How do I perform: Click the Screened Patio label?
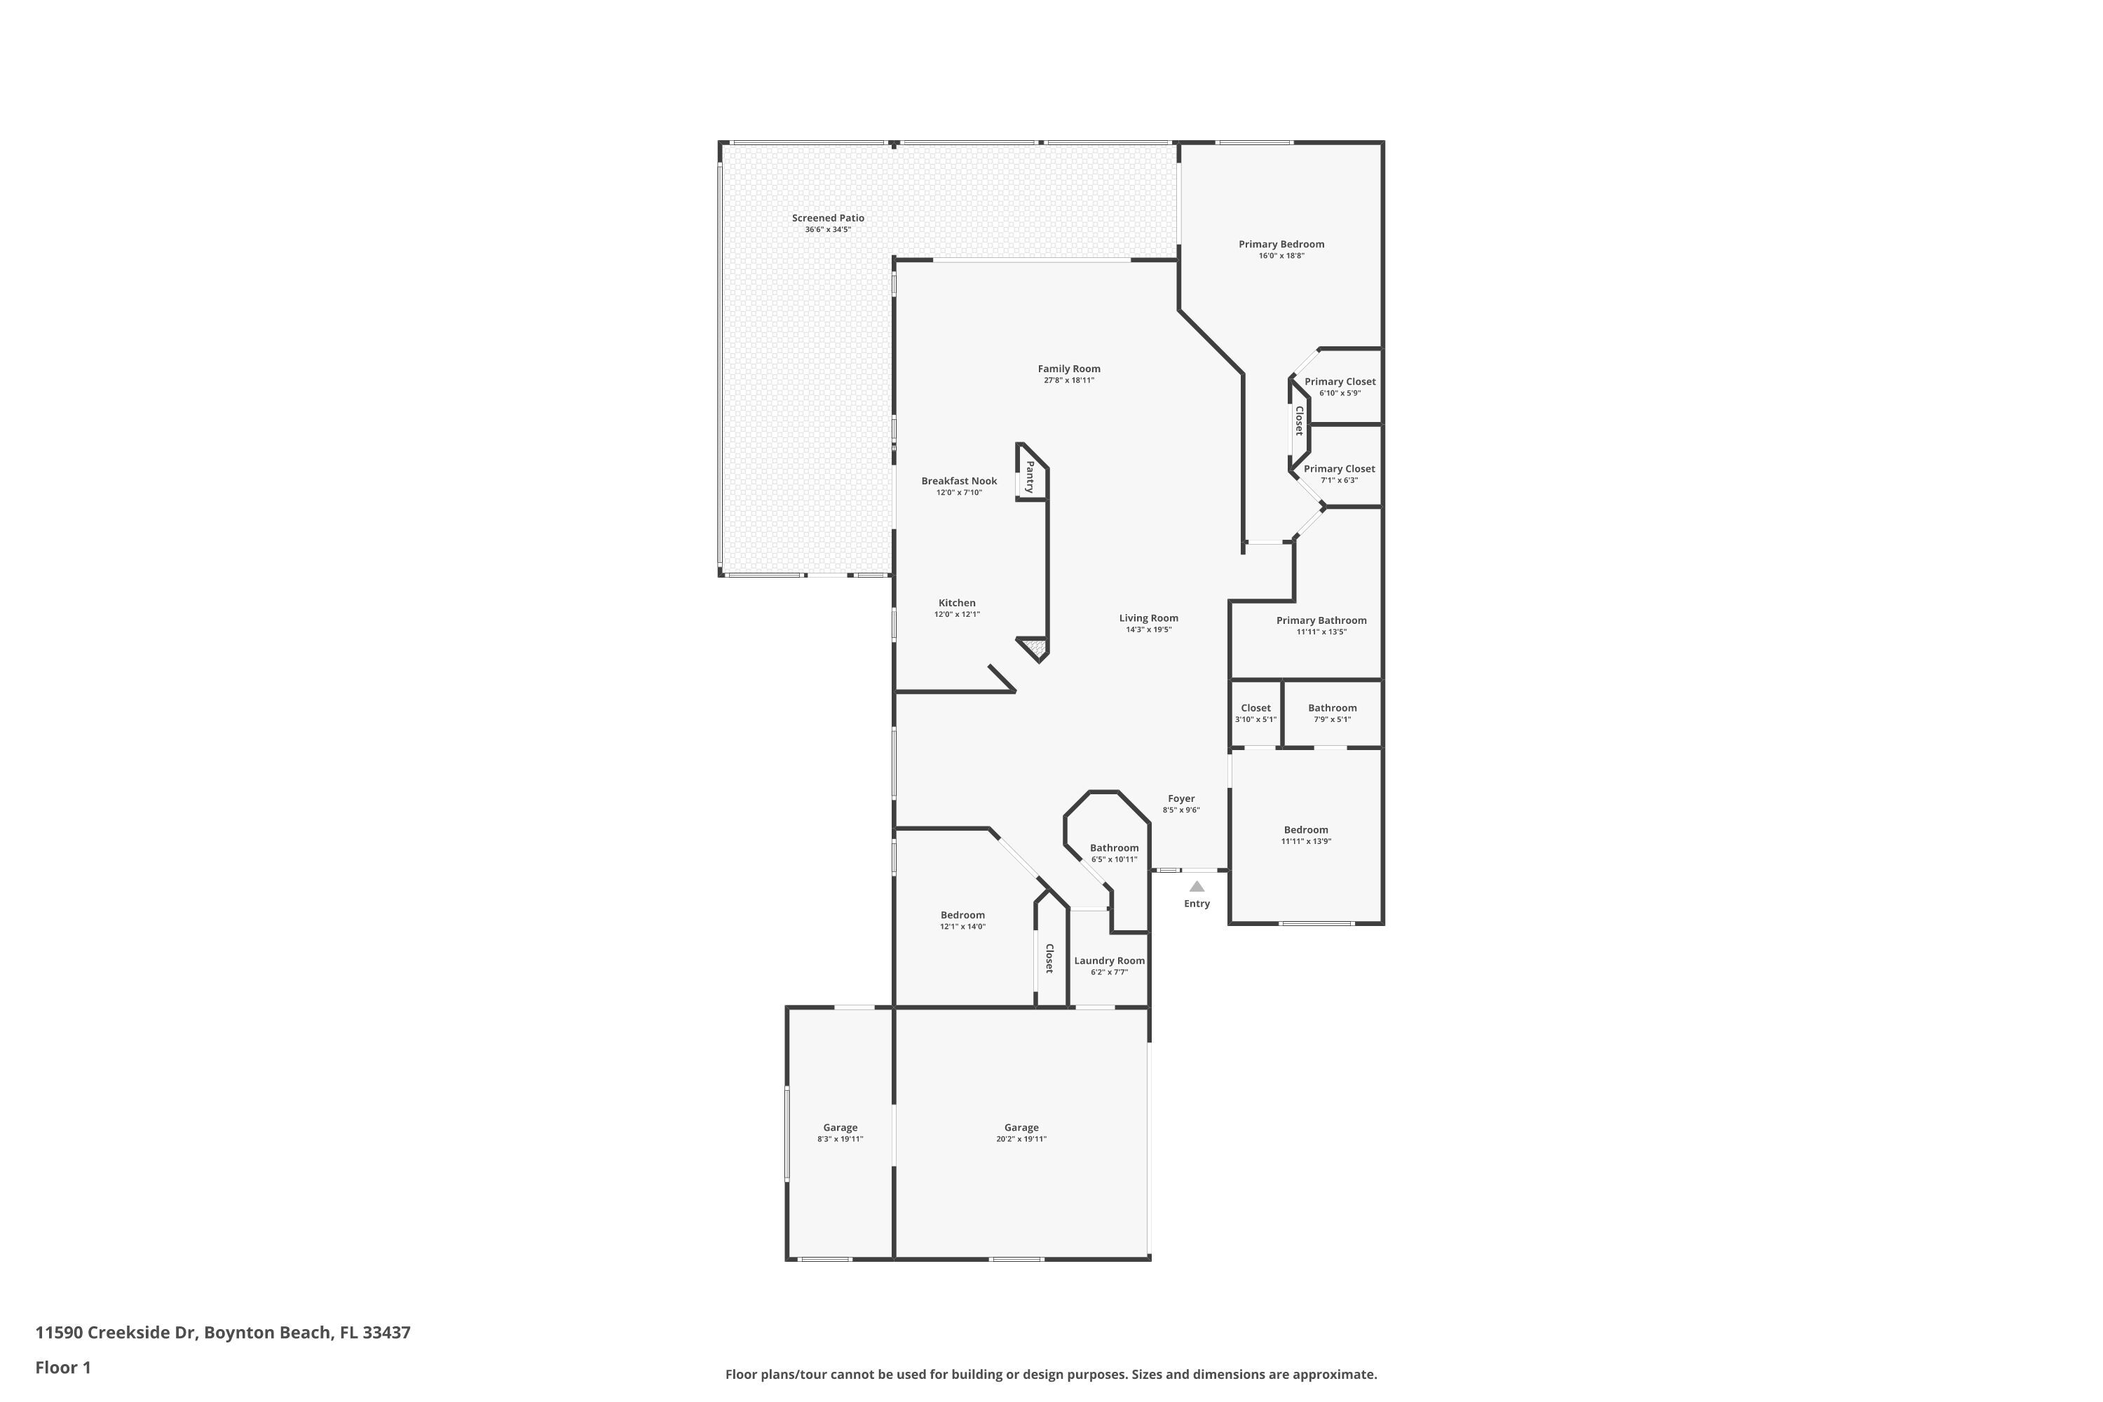coord(828,218)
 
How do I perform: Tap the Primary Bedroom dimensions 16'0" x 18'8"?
coord(1281,256)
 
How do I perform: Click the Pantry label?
coord(1030,477)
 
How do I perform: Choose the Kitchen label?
coord(957,603)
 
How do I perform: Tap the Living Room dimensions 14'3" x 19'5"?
coord(1148,629)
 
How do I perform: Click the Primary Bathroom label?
coord(1321,620)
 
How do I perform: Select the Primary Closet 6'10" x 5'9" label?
coord(1340,382)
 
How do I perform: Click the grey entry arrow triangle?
coord(1197,886)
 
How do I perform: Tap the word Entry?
coord(1197,904)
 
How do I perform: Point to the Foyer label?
coord(1181,798)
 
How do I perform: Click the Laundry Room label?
coord(1109,961)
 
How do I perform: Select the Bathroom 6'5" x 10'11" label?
coord(1114,848)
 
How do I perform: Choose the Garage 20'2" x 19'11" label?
coord(1021,1127)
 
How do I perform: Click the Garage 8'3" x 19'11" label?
coord(840,1127)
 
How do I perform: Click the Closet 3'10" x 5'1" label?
coord(1255,708)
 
